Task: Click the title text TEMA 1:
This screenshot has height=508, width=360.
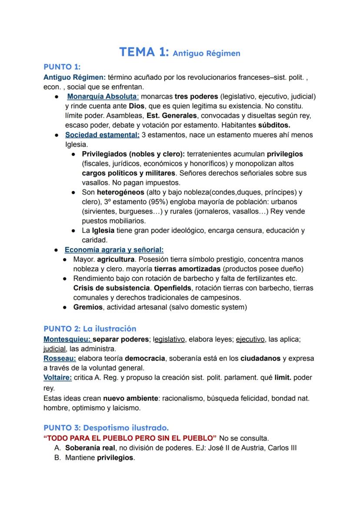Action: [144, 52]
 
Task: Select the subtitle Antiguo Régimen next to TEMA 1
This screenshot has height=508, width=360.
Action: [206, 53]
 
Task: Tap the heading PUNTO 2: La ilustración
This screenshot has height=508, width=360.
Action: [90, 329]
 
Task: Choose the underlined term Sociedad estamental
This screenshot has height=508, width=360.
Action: [102, 135]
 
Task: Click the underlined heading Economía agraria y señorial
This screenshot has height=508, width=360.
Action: [114, 249]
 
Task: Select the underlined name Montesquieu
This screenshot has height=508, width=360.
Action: [67, 339]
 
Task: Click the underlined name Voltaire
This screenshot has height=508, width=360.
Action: [57, 377]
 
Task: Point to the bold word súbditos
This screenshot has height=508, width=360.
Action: [270, 125]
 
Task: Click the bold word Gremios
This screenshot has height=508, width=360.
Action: [88, 307]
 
